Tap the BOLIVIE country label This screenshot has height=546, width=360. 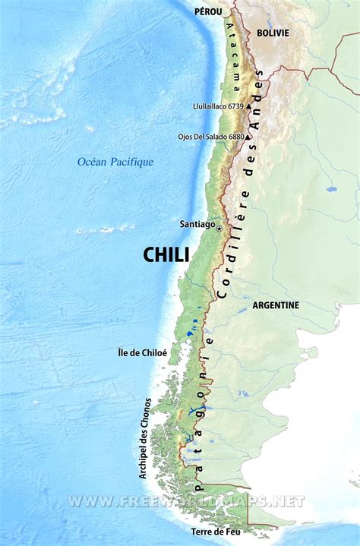[x=273, y=33]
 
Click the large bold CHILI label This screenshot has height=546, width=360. [x=166, y=255]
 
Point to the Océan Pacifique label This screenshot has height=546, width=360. [x=115, y=161]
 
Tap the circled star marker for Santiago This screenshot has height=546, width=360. [x=219, y=228]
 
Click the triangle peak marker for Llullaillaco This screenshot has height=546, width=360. [x=248, y=107]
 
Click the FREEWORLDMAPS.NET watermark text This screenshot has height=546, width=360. [x=186, y=501]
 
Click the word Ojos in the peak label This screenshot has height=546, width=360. [x=185, y=137]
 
